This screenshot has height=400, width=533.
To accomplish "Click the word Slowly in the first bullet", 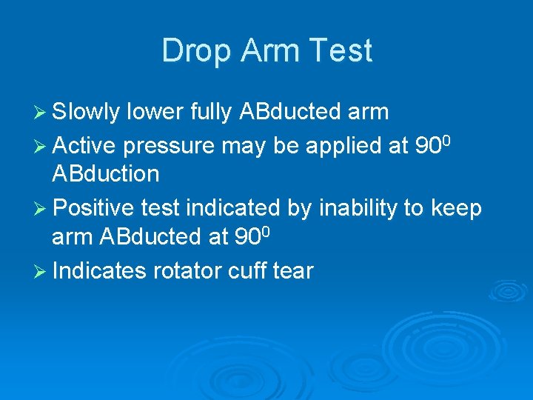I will click(87, 112).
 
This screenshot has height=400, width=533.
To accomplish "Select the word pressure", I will click(171, 145).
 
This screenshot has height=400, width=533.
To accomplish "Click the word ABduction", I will click(106, 175).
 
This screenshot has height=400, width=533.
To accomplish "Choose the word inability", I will click(353, 208).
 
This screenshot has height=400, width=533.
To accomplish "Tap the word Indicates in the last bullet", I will click(100, 270).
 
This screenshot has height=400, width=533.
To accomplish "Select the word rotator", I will click(188, 270).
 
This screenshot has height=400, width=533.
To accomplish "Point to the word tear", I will click(293, 271).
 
